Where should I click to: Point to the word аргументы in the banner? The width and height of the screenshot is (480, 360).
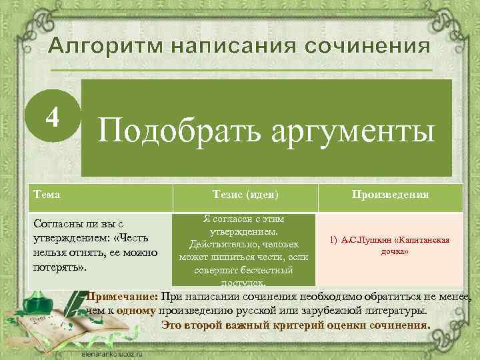point(347,129)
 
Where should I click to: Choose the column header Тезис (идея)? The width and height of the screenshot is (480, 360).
point(244,194)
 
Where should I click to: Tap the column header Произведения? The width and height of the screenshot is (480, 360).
point(390,194)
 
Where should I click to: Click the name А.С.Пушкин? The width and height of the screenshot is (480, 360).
point(364,241)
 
